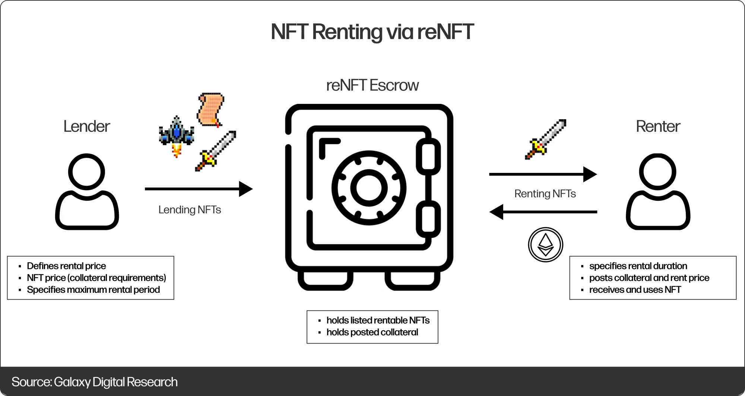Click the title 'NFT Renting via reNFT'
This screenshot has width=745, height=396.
(x=372, y=32)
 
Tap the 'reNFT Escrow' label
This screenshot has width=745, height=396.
(x=372, y=85)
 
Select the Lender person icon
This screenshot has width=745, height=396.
(x=87, y=191)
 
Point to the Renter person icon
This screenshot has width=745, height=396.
(x=658, y=191)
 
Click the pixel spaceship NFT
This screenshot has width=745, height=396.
(x=176, y=136)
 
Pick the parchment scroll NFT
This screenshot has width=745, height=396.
(x=210, y=110)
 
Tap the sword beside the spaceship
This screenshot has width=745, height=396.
(x=215, y=151)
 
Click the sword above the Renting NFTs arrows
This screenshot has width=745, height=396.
(x=545, y=139)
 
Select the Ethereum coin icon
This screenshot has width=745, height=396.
(x=545, y=245)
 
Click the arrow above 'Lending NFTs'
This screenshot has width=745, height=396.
(x=199, y=189)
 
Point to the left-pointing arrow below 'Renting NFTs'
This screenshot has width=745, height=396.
(x=543, y=212)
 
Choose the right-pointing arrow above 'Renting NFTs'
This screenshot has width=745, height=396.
(x=543, y=174)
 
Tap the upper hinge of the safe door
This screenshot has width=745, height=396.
(x=428, y=156)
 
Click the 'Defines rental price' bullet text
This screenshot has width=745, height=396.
(x=66, y=266)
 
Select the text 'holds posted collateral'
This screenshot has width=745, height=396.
(x=372, y=332)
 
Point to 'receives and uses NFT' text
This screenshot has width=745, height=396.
(x=635, y=290)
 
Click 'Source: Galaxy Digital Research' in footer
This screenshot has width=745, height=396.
(x=95, y=382)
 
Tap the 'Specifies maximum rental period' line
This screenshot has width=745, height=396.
(x=93, y=290)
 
